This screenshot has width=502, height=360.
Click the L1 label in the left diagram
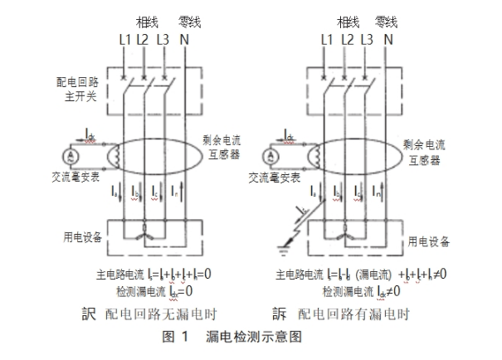coord(124,38)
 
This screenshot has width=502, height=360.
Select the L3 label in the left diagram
coord(163,38)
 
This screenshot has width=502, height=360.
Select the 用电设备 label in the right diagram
coord(429,241)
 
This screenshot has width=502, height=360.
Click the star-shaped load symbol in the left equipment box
coord(146,233)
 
